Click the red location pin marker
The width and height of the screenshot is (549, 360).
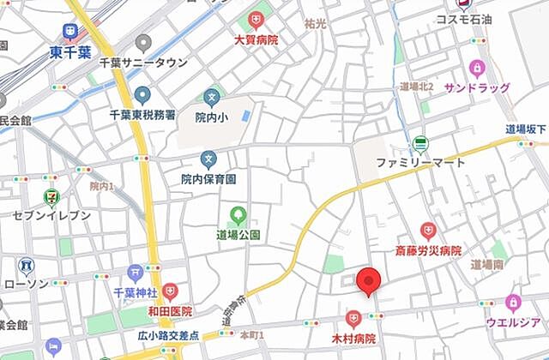point(369,281)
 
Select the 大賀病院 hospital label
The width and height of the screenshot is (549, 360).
point(255,39)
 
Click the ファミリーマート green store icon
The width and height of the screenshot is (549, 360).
point(419,144)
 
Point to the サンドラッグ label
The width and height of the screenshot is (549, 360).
point(477,87)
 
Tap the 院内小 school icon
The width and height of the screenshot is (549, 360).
point(212,97)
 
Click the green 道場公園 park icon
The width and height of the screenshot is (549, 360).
point(238,215)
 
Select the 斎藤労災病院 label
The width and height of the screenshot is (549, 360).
point(428,250)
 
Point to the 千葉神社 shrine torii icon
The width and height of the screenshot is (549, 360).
point(134,273)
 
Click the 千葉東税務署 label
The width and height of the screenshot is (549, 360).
point(142,114)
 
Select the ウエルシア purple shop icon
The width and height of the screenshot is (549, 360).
point(513,302)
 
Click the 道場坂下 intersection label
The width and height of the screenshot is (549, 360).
point(526,129)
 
